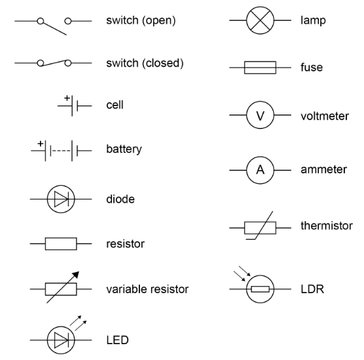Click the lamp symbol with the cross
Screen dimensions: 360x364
(260, 21)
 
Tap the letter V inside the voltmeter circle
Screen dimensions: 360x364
(260, 116)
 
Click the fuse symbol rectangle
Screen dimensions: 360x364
(260, 67)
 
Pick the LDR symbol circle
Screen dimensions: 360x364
(260, 289)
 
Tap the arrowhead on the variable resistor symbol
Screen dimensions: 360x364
(77, 275)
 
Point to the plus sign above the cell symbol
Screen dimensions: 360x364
(67, 99)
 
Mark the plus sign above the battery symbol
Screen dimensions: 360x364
(40, 143)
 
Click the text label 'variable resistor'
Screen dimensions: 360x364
(147, 289)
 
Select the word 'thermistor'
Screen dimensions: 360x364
(326, 226)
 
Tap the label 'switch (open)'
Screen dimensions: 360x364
(141, 21)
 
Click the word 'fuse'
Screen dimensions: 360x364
(312, 67)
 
